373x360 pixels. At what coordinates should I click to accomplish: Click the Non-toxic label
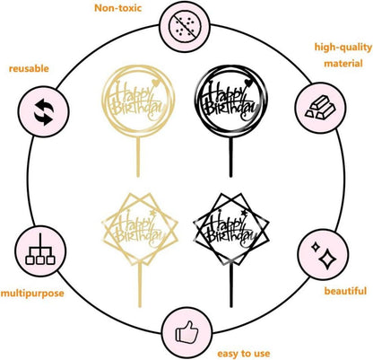(x=117, y=8)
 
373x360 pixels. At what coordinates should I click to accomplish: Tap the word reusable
(x=29, y=68)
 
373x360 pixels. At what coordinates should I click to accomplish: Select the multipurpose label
(x=32, y=293)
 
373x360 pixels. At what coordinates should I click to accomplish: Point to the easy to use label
(x=244, y=354)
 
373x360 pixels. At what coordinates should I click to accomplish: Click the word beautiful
(x=345, y=291)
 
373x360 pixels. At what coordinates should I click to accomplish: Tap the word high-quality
(x=343, y=48)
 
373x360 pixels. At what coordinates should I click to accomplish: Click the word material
(x=343, y=64)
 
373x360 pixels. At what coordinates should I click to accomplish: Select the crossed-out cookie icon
(x=185, y=27)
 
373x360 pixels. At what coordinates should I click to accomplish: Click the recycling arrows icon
(x=44, y=111)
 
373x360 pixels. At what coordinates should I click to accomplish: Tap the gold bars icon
(x=320, y=107)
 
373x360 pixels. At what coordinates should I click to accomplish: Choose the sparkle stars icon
(x=324, y=255)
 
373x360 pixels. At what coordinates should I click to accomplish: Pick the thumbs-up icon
(x=186, y=331)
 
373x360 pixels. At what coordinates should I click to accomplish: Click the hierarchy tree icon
(x=40, y=250)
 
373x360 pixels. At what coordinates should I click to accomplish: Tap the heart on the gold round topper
(x=155, y=82)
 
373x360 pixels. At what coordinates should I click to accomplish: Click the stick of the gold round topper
(x=138, y=157)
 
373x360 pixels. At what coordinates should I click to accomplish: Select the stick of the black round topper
(x=230, y=157)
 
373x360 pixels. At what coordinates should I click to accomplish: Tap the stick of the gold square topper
(x=140, y=285)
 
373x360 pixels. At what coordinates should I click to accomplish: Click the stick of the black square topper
(x=231, y=285)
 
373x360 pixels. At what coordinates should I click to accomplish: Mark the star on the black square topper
(x=244, y=213)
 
